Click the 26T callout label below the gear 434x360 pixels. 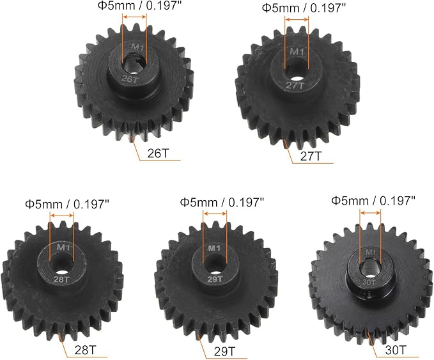click(158, 153)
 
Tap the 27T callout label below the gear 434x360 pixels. click(311, 157)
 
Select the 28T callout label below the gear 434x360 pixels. click(86, 350)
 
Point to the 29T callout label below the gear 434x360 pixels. click(225, 352)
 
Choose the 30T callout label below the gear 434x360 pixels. click(396, 350)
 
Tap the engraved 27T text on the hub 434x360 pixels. click(295, 85)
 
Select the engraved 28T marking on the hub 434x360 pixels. click(61, 279)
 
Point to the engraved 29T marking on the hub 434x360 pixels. click(215, 279)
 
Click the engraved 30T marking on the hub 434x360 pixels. click(369, 282)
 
